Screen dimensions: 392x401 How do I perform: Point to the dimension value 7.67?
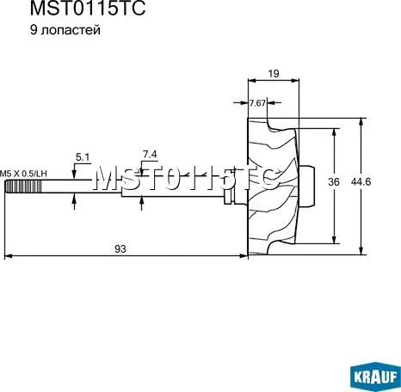click(x=257, y=103)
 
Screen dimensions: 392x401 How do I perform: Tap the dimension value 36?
click(x=333, y=181)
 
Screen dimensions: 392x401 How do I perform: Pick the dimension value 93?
click(x=120, y=249)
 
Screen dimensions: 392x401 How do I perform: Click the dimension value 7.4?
click(x=150, y=154)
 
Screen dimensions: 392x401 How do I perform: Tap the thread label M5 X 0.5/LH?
click(x=23, y=173)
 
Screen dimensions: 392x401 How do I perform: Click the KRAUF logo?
click(x=373, y=375)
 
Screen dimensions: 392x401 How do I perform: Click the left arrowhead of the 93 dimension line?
click(x=9, y=256)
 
